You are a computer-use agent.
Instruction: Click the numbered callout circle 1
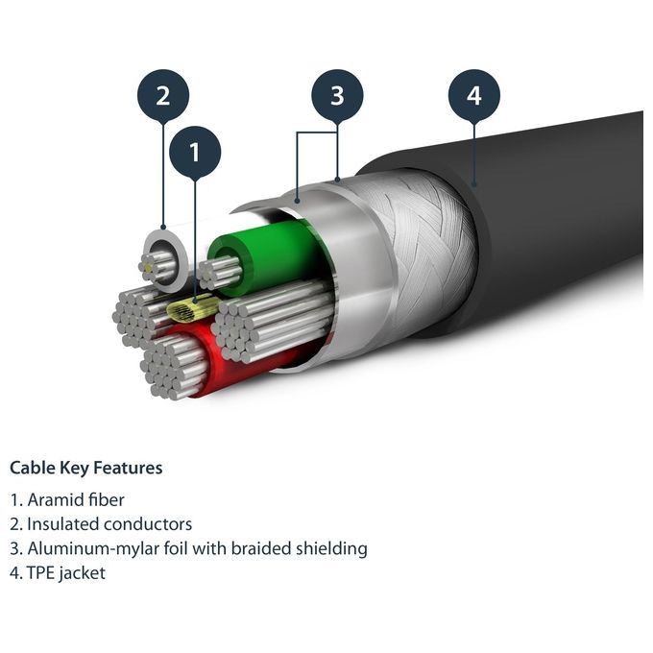tap(195, 153)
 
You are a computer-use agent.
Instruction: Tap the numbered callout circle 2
tap(163, 95)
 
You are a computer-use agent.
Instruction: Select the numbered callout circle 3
tap(337, 95)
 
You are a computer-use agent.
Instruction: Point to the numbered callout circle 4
tap(474, 95)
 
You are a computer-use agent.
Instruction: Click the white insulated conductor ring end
tap(165, 259)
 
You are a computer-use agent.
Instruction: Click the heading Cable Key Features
tap(85, 468)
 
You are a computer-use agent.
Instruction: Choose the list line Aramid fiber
tap(67, 499)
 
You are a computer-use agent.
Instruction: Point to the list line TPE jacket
tap(58, 573)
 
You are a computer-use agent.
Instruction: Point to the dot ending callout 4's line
tap(474, 183)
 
